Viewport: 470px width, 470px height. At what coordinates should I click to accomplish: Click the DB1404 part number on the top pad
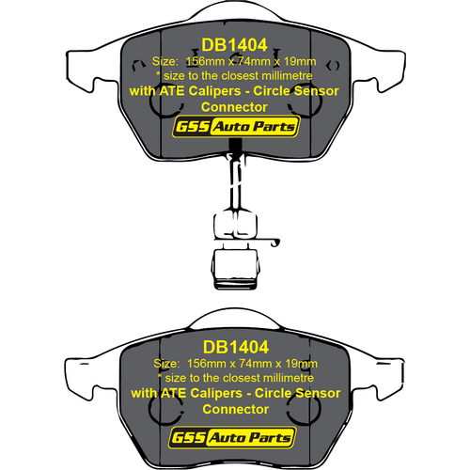coord(234,45)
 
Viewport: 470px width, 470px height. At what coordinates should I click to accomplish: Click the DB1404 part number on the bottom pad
coord(236,347)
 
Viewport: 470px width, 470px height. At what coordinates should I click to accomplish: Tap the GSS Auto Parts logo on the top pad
coord(236,126)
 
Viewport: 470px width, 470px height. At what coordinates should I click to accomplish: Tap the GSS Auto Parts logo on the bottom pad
coord(232,437)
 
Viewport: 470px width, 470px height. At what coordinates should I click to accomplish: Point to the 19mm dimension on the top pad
coord(300,61)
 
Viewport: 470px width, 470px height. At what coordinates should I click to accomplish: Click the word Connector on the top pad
coord(234,107)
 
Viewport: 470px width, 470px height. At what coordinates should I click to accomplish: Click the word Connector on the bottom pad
coord(236,410)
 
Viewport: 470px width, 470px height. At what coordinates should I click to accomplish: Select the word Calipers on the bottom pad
coord(216,393)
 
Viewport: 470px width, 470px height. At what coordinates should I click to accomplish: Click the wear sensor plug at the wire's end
coord(235,269)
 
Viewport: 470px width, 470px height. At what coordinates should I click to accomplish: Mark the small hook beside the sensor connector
coord(275,243)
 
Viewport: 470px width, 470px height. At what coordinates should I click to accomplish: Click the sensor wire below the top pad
coord(236,181)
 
